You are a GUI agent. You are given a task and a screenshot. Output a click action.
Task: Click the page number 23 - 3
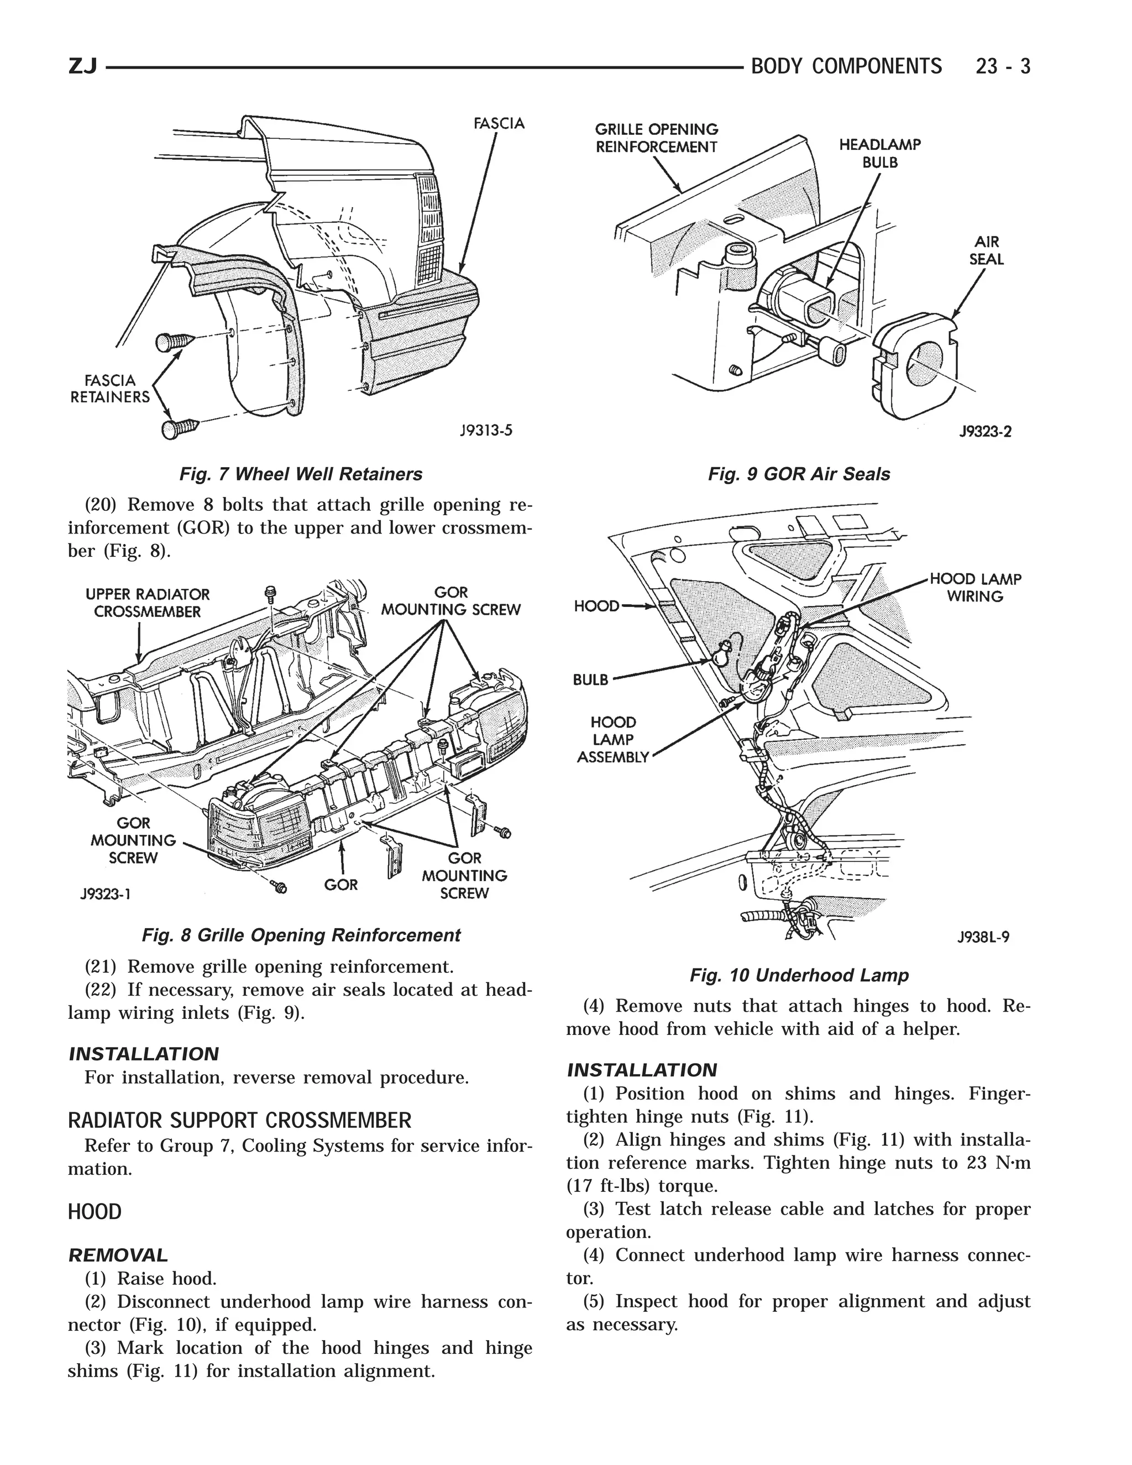click(1003, 66)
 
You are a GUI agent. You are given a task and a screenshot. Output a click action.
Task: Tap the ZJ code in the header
click(83, 66)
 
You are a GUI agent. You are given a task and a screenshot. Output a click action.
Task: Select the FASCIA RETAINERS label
click(110, 389)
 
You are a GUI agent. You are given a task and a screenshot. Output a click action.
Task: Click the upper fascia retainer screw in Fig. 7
click(173, 343)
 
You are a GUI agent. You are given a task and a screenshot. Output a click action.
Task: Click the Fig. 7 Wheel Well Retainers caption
click(301, 474)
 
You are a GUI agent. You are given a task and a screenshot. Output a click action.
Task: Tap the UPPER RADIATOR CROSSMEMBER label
click(148, 603)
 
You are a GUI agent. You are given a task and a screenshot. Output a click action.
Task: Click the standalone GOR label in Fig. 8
click(340, 885)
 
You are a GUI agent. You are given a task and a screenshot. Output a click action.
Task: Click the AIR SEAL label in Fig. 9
click(986, 250)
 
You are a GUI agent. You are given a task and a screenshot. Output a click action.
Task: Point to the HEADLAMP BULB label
click(880, 154)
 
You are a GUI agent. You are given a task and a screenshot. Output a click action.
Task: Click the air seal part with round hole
click(918, 368)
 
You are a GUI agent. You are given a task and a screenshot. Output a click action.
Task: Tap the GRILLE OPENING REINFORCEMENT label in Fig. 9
click(657, 138)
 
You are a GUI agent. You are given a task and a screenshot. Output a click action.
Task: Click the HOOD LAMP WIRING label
click(975, 588)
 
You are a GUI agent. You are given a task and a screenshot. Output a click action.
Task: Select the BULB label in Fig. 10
click(590, 679)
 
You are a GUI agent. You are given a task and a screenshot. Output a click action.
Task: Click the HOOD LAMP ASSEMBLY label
click(613, 740)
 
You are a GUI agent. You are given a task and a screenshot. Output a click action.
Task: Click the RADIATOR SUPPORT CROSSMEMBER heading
click(239, 1120)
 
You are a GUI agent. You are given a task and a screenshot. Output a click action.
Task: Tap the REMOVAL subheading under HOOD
click(118, 1255)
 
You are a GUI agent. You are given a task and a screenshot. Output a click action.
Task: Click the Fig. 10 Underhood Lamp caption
click(799, 975)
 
